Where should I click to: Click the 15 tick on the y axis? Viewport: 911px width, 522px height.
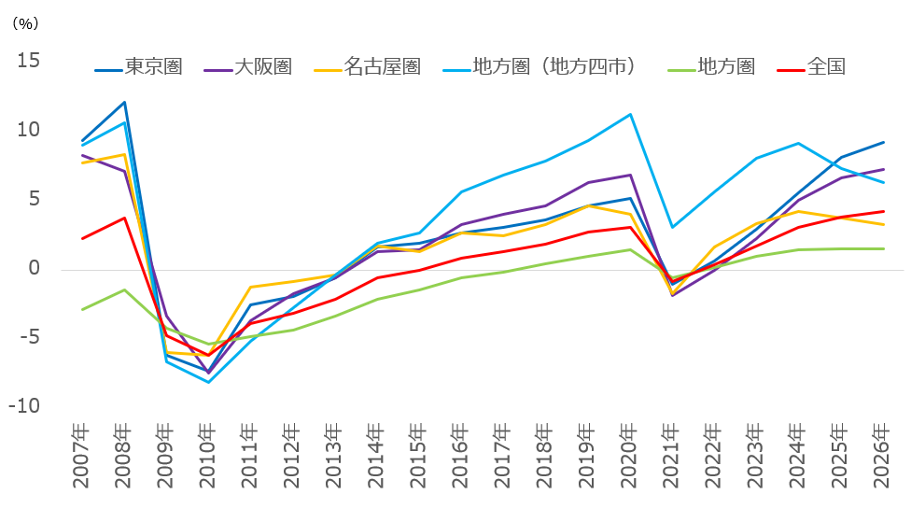[29, 61]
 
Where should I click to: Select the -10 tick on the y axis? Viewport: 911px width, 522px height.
[26, 407]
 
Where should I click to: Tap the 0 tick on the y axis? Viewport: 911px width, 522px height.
[35, 269]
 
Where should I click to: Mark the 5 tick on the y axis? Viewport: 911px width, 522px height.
[35, 199]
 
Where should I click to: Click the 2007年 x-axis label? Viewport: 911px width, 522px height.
[82, 458]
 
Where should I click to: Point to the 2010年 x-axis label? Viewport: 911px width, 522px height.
[208, 458]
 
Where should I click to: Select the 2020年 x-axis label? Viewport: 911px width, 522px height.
[630, 458]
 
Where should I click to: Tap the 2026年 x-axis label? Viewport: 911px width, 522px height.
[883, 458]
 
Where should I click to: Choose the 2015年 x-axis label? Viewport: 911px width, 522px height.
[419, 458]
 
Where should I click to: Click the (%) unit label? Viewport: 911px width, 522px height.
[24, 24]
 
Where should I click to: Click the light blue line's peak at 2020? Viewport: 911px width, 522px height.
[630, 115]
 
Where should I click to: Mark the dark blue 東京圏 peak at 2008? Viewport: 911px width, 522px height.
[124, 102]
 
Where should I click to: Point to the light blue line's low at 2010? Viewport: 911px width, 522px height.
[208, 382]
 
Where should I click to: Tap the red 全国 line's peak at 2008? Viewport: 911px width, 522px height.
[124, 218]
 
